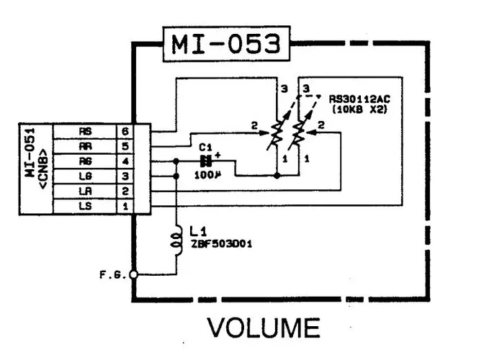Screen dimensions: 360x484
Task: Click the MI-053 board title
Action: tap(225, 45)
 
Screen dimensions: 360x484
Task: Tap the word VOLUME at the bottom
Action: tap(264, 328)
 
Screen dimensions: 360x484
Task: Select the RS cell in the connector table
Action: tap(85, 132)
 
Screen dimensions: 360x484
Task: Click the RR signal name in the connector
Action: tap(85, 146)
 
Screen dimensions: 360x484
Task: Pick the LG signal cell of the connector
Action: tap(85, 176)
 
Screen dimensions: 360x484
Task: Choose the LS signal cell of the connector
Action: tap(85, 206)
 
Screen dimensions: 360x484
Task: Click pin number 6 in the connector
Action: tap(126, 132)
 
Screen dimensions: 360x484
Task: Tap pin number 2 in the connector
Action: tap(126, 192)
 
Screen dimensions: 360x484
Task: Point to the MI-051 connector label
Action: tap(35, 170)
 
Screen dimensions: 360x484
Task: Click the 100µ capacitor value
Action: tap(207, 175)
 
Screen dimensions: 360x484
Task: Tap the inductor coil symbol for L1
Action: tap(175, 240)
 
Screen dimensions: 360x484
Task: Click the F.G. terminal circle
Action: tap(133, 274)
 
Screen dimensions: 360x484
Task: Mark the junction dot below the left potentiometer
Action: tap(277, 174)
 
